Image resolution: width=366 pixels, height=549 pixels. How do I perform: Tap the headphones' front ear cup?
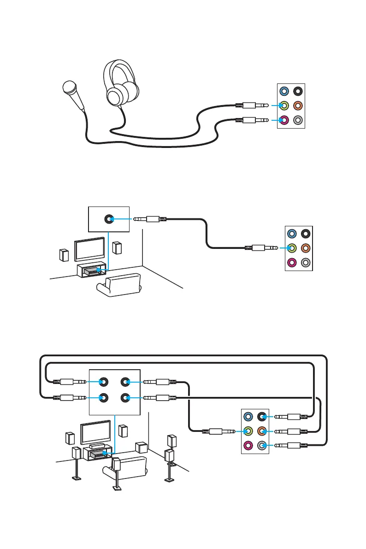point(115,96)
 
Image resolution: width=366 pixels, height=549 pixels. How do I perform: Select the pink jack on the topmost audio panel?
point(284,120)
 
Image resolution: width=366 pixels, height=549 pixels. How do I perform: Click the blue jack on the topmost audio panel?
point(284,91)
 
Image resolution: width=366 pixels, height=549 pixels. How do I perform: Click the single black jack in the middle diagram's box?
point(109,219)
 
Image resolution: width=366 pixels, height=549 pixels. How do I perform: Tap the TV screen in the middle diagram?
point(89,249)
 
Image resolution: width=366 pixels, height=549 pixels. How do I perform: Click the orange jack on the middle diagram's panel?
point(306,248)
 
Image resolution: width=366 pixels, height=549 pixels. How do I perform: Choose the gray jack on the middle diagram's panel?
point(306,263)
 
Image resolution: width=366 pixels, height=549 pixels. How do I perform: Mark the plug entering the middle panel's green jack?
point(261,248)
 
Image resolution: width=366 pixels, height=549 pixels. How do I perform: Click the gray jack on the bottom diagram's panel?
point(262,445)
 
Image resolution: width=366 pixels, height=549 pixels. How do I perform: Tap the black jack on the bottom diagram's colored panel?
point(262,417)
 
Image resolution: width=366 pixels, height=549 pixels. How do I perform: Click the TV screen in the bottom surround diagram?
point(96,432)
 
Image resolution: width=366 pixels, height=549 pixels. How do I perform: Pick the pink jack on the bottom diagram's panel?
point(248,445)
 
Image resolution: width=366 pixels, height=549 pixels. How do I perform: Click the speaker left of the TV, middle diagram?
point(64,255)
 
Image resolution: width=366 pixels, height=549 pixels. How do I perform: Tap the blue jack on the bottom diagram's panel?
point(248,417)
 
